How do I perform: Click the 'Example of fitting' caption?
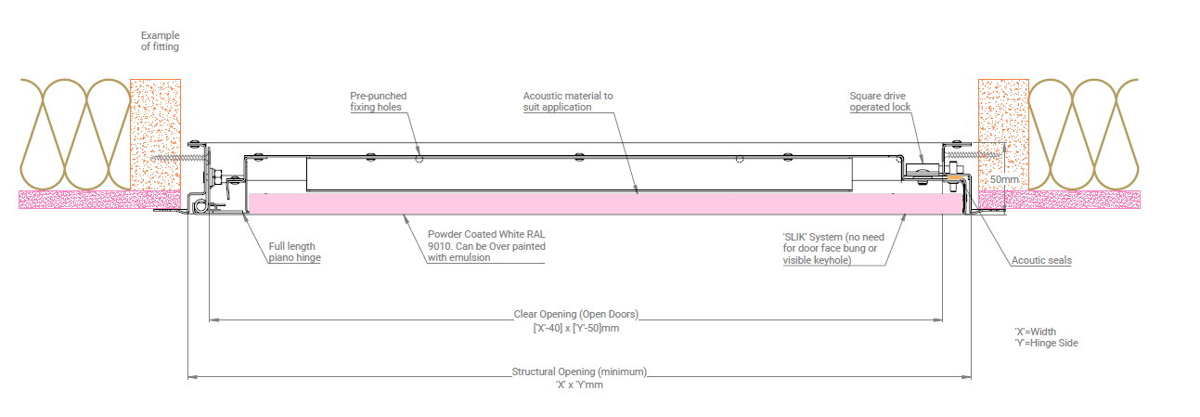[x=160, y=41]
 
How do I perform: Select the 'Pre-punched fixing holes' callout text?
[x=378, y=101]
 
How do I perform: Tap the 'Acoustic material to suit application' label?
[x=567, y=101]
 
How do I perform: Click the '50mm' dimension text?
[x=1003, y=177]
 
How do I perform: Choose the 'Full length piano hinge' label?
[x=294, y=253]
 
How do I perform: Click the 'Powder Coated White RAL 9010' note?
[x=485, y=246]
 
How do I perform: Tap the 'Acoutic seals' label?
[x=1041, y=261]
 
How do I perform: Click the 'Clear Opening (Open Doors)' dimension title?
[x=576, y=314]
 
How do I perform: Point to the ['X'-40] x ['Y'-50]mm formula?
[x=576, y=328]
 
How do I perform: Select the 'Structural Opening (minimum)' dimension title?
[x=579, y=371]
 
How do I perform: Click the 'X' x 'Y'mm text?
[x=579, y=384]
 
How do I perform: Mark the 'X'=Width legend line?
[x=1035, y=332]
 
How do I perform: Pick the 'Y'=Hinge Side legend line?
[x=1046, y=343]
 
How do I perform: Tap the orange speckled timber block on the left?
[x=155, y=135]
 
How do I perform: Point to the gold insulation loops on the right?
[x=1083, y=135]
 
